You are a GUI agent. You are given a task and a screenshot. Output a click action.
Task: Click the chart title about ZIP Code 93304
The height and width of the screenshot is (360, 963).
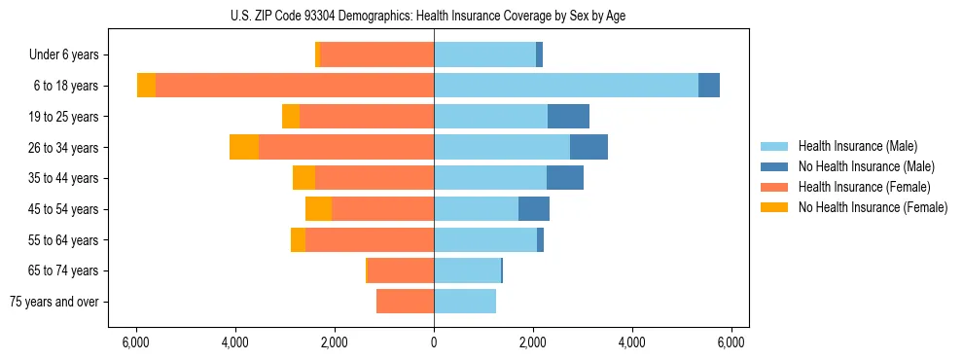[x=434, y=16]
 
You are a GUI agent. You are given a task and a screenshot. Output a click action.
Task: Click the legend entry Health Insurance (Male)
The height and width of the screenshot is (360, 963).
[x=857, y=146]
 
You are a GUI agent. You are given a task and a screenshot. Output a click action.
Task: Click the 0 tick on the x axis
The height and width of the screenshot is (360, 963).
[x=434, y=342]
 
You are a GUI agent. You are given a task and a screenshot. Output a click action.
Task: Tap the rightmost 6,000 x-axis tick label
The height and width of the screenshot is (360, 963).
[x=731, y=342]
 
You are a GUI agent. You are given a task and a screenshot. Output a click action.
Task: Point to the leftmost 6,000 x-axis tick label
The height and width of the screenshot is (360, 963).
[x=136, y=342]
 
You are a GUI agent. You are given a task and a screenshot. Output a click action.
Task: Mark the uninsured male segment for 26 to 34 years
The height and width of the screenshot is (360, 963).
[x=588, y=147]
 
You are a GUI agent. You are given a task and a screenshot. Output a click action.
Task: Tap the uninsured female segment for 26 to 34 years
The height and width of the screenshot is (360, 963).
[x=244, y=147]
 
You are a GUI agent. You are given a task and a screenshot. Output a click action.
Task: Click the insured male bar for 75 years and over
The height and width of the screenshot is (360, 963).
[x=465, y=302]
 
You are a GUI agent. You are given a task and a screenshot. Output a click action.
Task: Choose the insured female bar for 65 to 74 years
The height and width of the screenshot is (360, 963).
[x=401, y=270]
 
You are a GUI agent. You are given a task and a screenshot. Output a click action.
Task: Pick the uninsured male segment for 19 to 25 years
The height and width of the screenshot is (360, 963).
[x=568, y=117]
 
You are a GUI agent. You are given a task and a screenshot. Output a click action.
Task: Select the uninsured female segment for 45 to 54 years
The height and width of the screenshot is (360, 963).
[x=318, y=209]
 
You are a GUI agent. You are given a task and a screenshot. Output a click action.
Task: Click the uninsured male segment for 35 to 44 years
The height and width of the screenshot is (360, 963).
[x=565, y=178]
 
